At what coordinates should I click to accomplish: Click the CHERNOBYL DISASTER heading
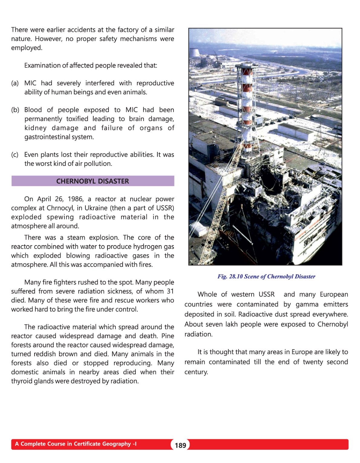click(x=92, y=181)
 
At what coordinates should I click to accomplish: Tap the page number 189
click(x=180, y=445)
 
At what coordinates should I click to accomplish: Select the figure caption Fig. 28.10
click(x=266, y=276)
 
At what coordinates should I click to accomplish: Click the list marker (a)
click(x=15, y=83)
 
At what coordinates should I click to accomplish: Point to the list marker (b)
click(x=15, y=110)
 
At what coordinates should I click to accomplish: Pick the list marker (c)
click(x=15, y=155)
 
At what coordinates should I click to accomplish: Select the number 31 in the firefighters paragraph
click(x=170, y=291)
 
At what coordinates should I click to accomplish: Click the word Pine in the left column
click(x=168, y=336)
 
